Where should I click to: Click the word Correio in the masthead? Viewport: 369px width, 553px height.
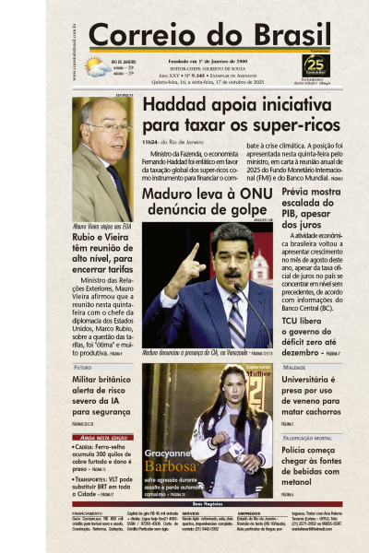(x=138, y=35)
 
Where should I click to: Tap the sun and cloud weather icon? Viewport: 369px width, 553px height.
(x=95, y=66)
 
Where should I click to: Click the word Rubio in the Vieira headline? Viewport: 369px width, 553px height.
(x=89, y=236)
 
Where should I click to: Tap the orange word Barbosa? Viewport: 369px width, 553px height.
(x=170, y=467)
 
